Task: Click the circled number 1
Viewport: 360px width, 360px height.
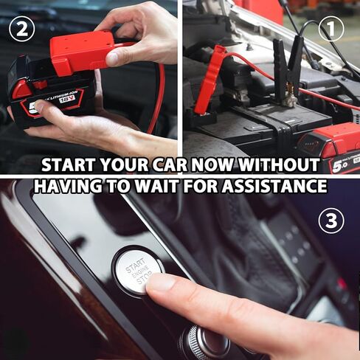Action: [x=333, y=29]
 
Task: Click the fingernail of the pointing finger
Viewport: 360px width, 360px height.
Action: [x=161, y=282]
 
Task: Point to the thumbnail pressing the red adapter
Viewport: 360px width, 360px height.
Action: [x=113, y=58]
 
